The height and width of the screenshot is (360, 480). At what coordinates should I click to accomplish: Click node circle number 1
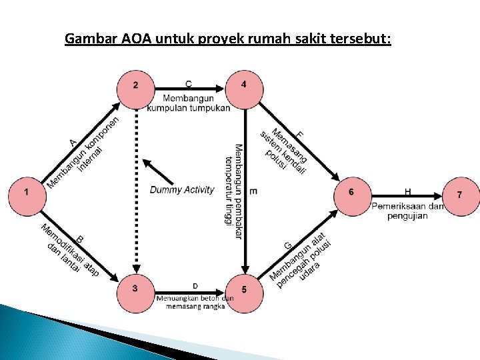(x=27, y=191)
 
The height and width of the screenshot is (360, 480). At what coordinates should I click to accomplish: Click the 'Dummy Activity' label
(x=182, y=190)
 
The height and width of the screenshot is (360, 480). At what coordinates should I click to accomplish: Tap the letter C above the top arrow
(x=189, y=83)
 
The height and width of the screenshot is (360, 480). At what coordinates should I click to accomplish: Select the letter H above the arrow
(x=407, y=191)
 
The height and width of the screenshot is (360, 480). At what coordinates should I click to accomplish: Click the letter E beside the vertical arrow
(x=253, y=191)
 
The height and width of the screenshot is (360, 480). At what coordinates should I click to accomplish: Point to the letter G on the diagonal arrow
(x=288, y=246)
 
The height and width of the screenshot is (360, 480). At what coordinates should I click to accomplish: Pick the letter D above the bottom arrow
(x=195, y=287)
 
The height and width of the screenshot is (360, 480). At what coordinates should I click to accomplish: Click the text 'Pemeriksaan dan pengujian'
(x=407, y=211)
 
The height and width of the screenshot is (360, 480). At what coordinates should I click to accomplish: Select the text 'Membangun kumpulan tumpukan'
(x=189, y=103)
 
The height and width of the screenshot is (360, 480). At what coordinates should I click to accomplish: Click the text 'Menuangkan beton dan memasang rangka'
(x=195, y=302)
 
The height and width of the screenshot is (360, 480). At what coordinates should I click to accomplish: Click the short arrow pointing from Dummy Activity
(x=158, y=171)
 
